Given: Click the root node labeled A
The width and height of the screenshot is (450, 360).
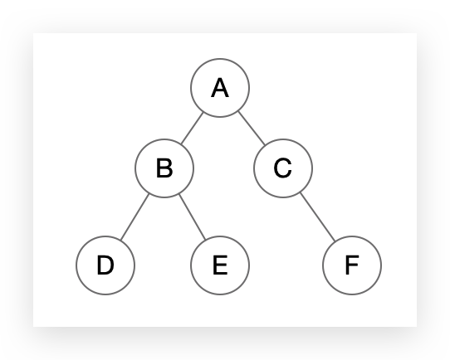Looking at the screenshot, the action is (x=220, y=88).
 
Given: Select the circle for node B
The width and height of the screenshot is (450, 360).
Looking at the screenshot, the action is (x=164, y=168).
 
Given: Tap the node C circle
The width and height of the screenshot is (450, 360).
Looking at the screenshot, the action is (x=283, y=168).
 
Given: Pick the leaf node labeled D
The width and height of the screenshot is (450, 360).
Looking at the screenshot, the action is (x=105, y=265).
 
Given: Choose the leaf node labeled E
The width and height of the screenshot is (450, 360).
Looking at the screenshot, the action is (x=220, y=265).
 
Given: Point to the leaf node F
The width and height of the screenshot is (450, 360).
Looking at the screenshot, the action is (x=352, y=265).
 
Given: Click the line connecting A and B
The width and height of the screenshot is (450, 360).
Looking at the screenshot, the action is (x=193, y=128).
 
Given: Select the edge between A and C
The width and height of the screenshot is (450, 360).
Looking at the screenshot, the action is (x=252, y=128).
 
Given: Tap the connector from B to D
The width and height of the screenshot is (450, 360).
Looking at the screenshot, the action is (x=135, y=216).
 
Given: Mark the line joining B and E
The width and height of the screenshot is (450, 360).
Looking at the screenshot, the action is (x=193, y=216).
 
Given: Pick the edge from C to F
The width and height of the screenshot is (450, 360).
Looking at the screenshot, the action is (x=318, y=216).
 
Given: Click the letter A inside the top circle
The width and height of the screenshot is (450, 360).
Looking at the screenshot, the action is (x=220, y=88).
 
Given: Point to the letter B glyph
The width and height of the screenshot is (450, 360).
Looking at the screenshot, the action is (x=164, y=168).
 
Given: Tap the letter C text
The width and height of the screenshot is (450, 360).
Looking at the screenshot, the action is (x=283, y=168).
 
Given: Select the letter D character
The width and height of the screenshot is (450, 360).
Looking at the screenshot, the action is (x=105, y=265).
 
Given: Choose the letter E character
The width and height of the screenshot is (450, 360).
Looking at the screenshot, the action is (x=220, y=265).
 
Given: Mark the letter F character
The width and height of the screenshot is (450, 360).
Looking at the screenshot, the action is (x=352, y=265).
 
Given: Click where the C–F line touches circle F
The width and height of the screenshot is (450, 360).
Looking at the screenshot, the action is (x=335, y=241).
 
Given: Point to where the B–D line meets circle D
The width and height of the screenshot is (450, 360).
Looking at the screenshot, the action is (x=120, y=241).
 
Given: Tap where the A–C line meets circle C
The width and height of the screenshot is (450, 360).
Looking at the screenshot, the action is (x=265, y=144).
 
